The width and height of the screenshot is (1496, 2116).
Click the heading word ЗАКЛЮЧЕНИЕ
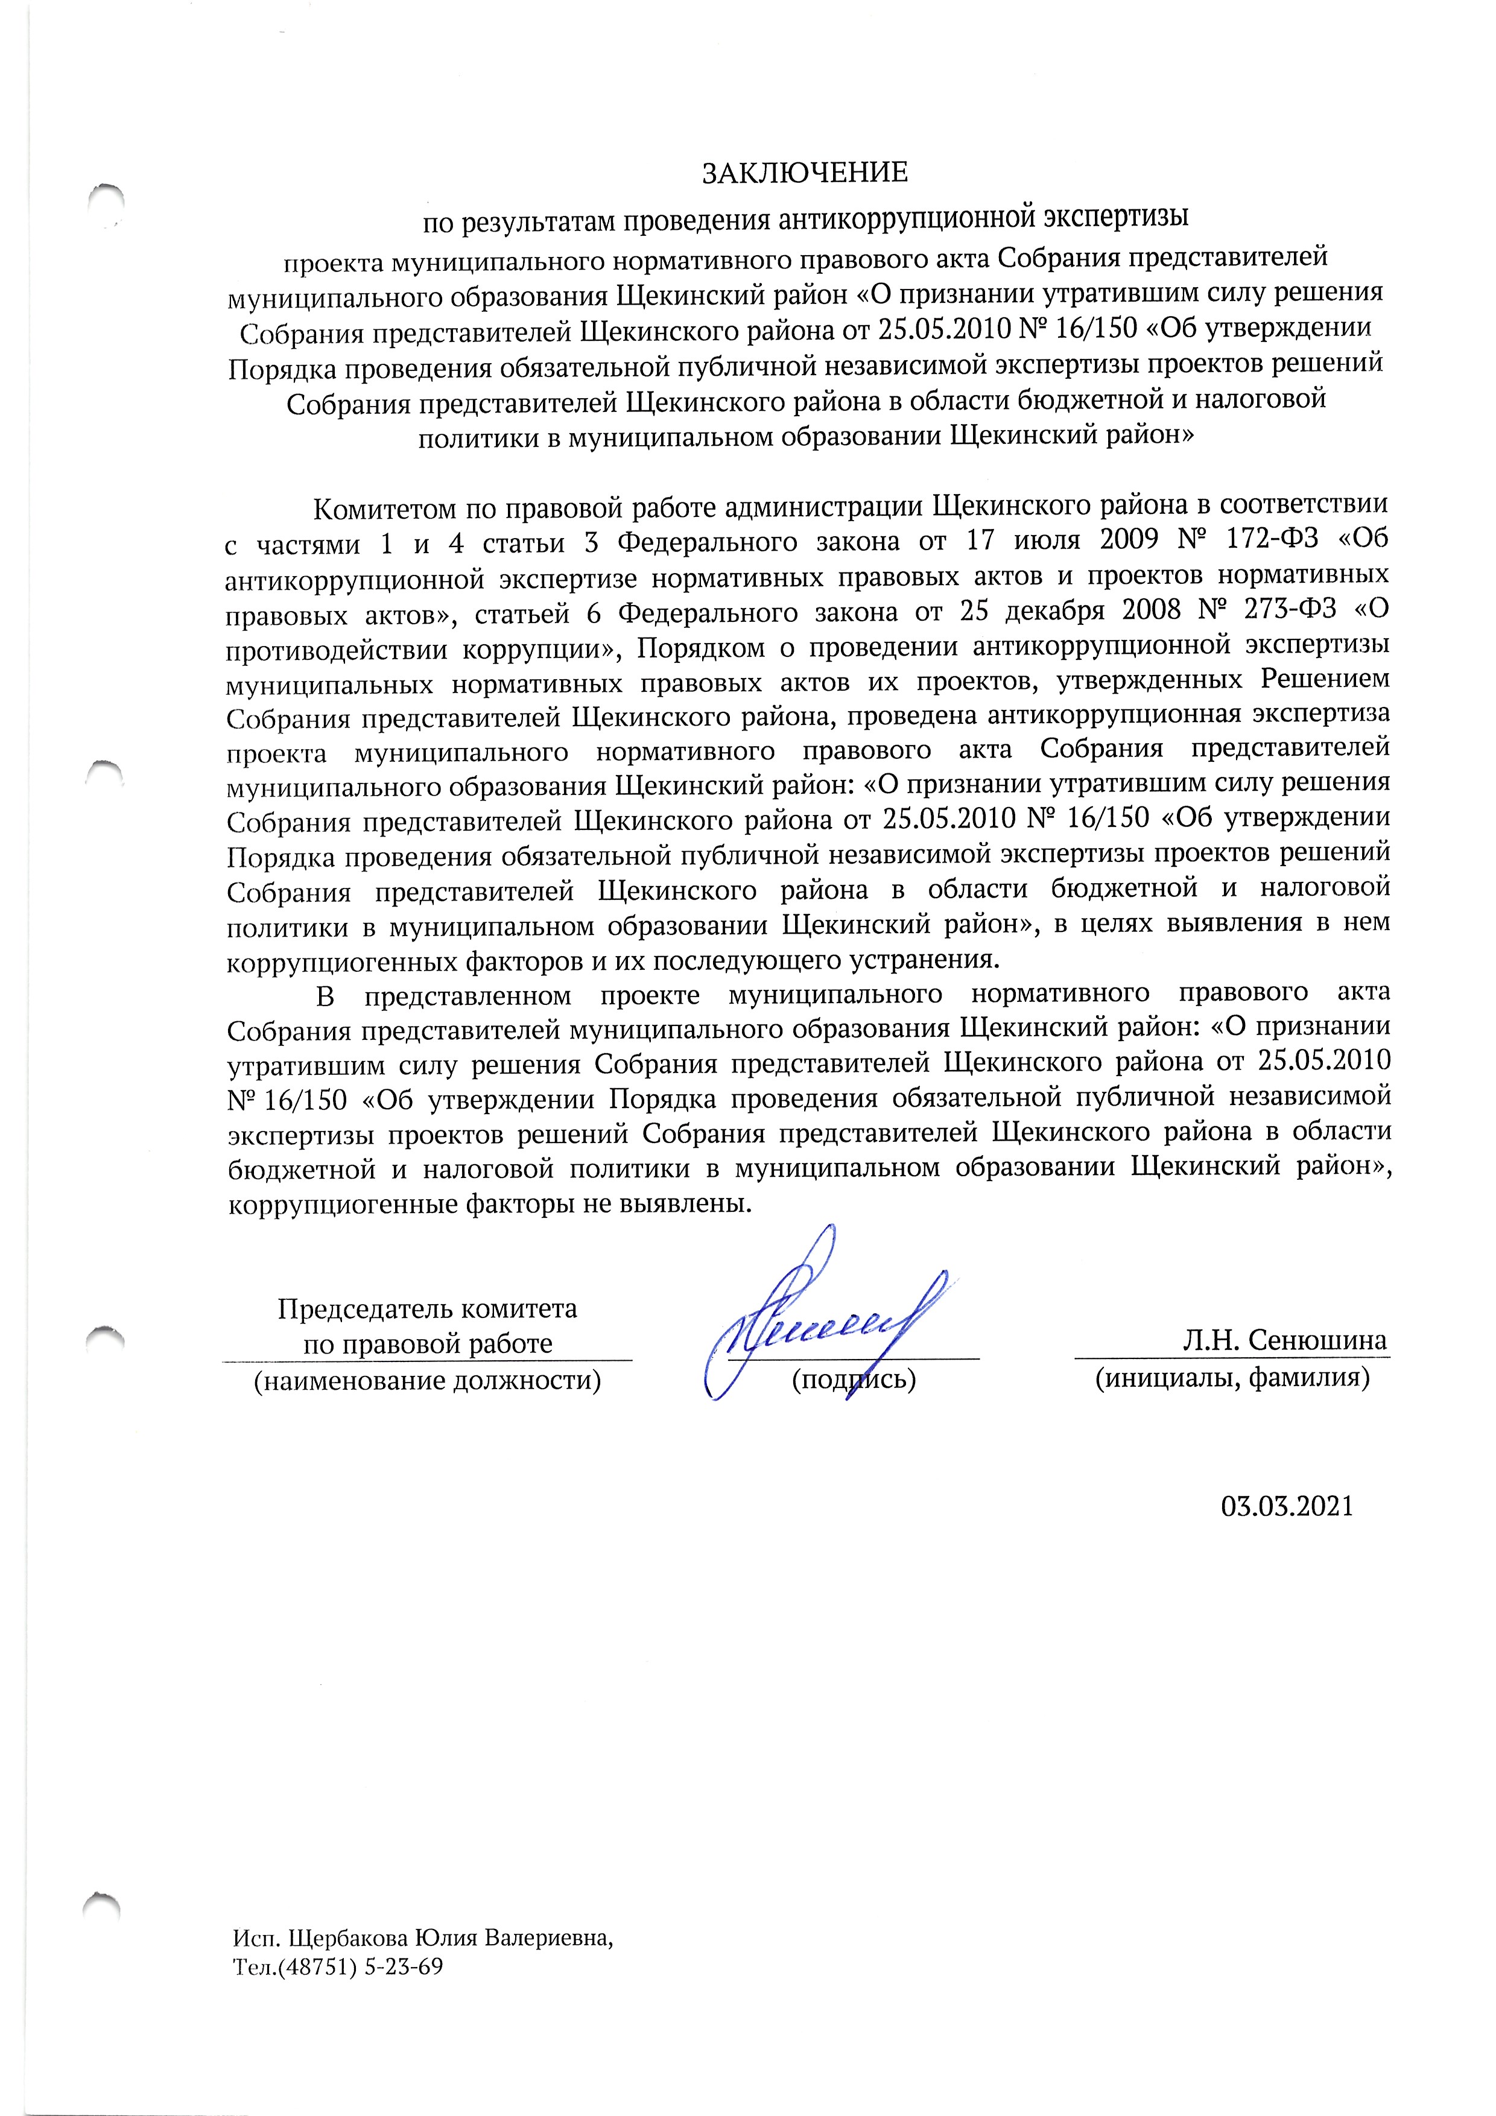coord(805,173)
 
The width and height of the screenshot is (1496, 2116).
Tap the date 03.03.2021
coord(1287,1507)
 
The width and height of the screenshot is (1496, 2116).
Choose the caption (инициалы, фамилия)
coord(1231,1379)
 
